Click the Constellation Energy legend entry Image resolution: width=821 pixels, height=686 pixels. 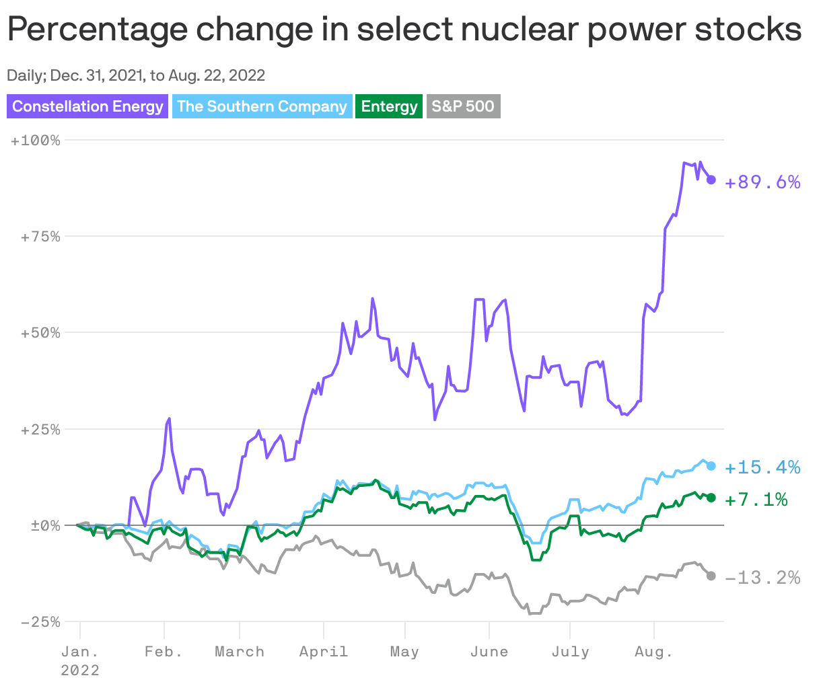pyautogui.click(x=87, y=106)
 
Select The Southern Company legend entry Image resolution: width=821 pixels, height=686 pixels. pyautogui.click(x=262, y=106)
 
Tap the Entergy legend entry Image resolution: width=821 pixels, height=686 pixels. pyautogui.click(x=389, y=106)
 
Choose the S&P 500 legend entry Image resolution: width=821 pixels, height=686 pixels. pyautogui.click(x=463, y=106)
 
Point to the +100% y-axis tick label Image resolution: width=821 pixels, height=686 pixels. pyautogui.click(x=36, y=141)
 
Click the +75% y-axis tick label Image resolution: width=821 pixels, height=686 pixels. pyautogui.click(x=40, y=237)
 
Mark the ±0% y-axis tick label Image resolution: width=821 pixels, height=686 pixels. pyautogui.click(x=44, y=525)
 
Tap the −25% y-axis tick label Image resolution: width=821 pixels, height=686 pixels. pyautogui.click(x=40, y=621)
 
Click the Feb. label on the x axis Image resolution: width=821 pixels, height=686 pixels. pyautogui.click(x=164, y=652)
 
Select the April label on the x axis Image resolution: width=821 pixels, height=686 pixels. pyautogui.click(x=324, y=652)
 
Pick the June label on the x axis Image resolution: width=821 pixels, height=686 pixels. pyautogui.click(x=489, y=652)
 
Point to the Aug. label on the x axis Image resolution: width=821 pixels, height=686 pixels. pyautogui.click(x=654, y=652)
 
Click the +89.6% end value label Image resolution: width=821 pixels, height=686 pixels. pyautogui.click(x=762, y=182)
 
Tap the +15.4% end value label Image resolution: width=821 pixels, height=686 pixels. pyautogui.click(x=762, y=467)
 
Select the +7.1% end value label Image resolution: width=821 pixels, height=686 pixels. pyautogui.click(x=756, y=500)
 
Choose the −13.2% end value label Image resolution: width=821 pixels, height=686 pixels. pyautogui.click(x=762, y=578)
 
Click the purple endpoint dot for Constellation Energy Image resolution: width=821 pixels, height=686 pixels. pyautogui.click(x=711, y=180)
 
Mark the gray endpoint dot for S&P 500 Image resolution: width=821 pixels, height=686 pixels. pyautogui.click(x=711, y=576)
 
